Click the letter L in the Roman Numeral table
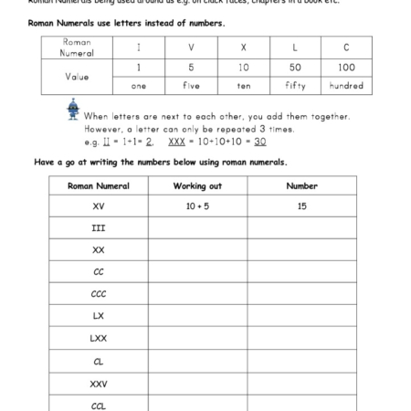tap(295, 47)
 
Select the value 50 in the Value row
tap(295, 67)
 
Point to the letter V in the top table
tap(190, 47)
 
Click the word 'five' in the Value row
tap(190, 86)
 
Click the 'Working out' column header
tap(197, 185)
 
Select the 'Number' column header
tap(301, 185)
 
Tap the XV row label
tap(99, 206)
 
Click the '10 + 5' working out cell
tap(197, 206)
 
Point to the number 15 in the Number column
tap(301, 206)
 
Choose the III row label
tap(99, 228)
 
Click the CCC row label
tap(99, 294)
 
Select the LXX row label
tap(99, 338)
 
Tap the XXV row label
tap(99, 383)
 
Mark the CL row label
tap(99, 361)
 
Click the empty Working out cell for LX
tap(197, 316)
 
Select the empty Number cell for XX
tap(301, 249)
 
